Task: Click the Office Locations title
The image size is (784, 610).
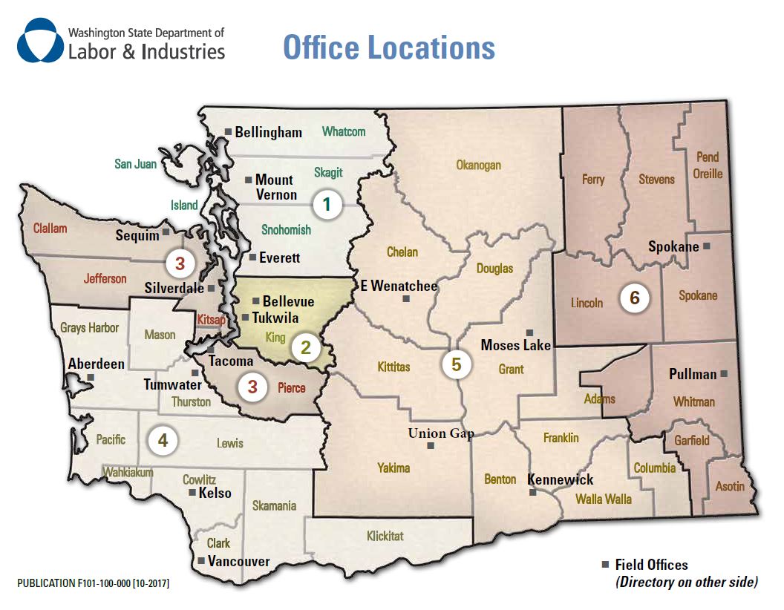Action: click(x=388, y=47)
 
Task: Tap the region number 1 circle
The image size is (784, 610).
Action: click(x=327, y=204)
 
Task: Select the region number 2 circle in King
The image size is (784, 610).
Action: click(x=304, y=347)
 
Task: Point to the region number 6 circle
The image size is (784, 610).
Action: click(x=634, y=298)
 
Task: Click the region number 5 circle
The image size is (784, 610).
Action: click(x=456, y=364)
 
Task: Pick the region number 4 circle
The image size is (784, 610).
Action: click(x=163, y=440)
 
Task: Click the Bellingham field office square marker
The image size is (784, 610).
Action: click(x=229, y=133)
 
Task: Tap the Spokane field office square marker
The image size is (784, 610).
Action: click(x=706, y=246)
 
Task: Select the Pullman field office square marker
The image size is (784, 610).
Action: click(x=724, y=374)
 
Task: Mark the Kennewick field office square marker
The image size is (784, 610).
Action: click(x=532, y=492)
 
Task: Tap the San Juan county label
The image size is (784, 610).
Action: click(x=135, y=163)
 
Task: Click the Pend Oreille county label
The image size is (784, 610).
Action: click(x=708, y=165)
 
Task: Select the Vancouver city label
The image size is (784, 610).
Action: click(x=238, y=561)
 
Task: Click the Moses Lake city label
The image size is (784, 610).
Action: click(x=515, y=345)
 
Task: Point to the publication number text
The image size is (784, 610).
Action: click(x=93, y=584)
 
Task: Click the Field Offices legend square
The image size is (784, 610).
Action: click(x=605, y=565)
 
